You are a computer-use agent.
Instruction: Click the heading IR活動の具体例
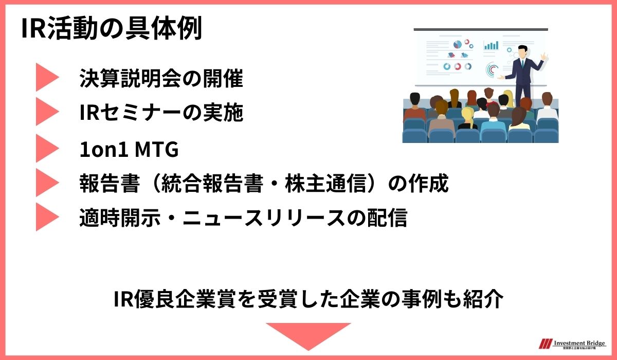tap(112, 30)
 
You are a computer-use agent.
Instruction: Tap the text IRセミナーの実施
tap(161, 113)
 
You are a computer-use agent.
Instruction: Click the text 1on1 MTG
tap(129, 150)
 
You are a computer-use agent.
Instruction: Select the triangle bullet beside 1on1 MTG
tap(47, 149)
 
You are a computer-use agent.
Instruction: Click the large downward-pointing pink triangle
tap(308, 335)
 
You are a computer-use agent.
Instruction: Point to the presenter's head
tap(522, 51)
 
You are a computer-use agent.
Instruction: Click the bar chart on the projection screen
tap(491, 45)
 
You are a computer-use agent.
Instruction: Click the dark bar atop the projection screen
tap(481, 29)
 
